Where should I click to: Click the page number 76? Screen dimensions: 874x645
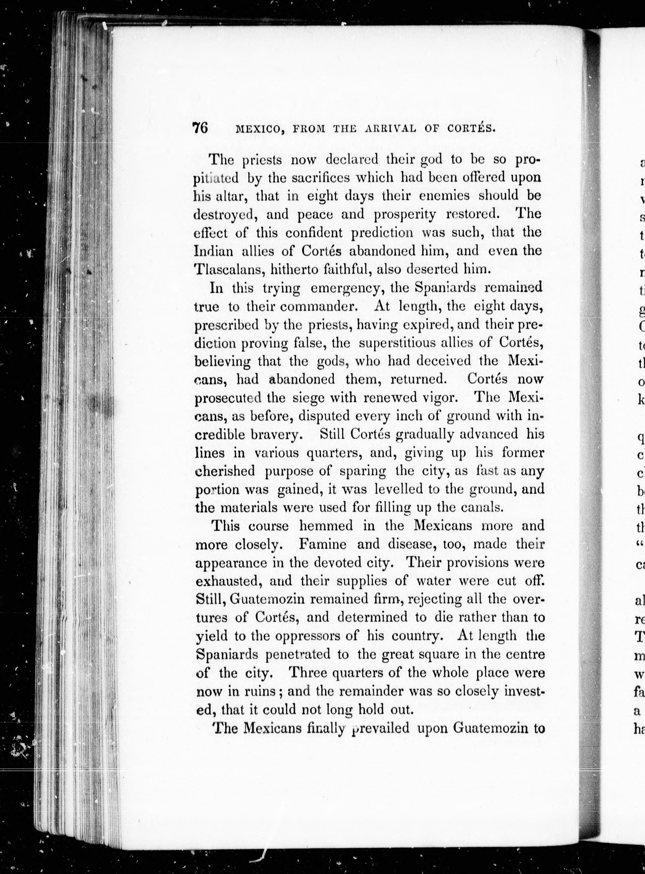click(x=200, y=128)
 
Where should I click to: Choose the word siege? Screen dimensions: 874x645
click(x=308, y=398)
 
